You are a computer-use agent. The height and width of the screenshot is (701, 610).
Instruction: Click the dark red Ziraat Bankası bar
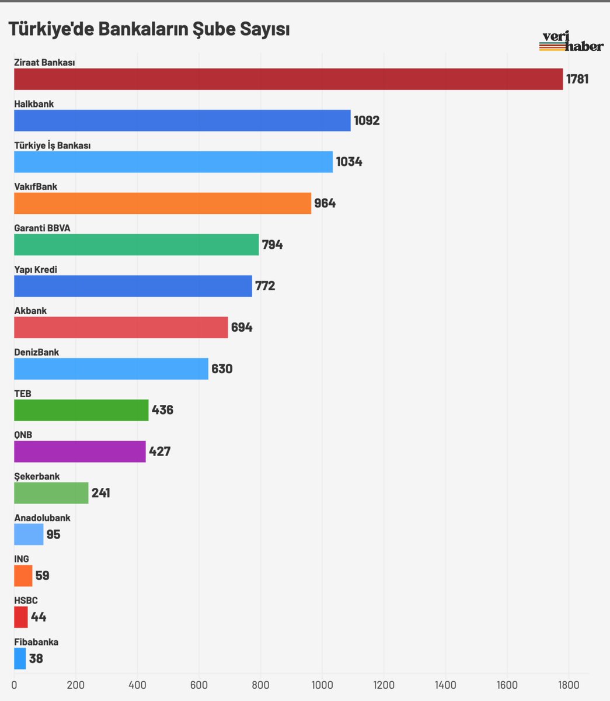288,79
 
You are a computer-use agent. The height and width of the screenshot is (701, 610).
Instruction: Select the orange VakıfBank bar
163,203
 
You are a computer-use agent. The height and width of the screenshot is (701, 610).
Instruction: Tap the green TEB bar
81,410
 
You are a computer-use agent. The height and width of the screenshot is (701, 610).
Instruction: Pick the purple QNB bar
80,452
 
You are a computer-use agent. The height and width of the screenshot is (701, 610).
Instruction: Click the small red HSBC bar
21,617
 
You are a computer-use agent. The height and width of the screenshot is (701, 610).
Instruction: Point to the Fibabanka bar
20,658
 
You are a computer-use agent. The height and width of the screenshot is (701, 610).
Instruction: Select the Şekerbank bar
51,493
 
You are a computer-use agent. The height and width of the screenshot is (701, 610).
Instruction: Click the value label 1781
577,79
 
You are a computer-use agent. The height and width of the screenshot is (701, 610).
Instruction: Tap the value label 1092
367,120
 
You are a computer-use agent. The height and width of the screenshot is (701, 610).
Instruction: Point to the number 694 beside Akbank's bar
242,328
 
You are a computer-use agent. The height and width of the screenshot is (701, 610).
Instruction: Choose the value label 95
53,535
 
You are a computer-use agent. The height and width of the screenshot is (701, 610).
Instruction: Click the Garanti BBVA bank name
42,228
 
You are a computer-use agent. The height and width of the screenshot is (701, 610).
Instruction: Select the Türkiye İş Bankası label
53,145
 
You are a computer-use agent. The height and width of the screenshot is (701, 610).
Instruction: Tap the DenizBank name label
37,352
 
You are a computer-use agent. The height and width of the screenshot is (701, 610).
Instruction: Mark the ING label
22,559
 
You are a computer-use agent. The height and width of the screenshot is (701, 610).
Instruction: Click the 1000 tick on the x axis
322,685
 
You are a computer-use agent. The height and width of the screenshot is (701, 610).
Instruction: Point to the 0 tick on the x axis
14,685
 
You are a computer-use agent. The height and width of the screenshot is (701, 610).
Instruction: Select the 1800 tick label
569,685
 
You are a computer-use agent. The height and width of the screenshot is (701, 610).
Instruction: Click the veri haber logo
571,41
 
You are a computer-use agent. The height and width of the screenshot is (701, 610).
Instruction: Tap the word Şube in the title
214,29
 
